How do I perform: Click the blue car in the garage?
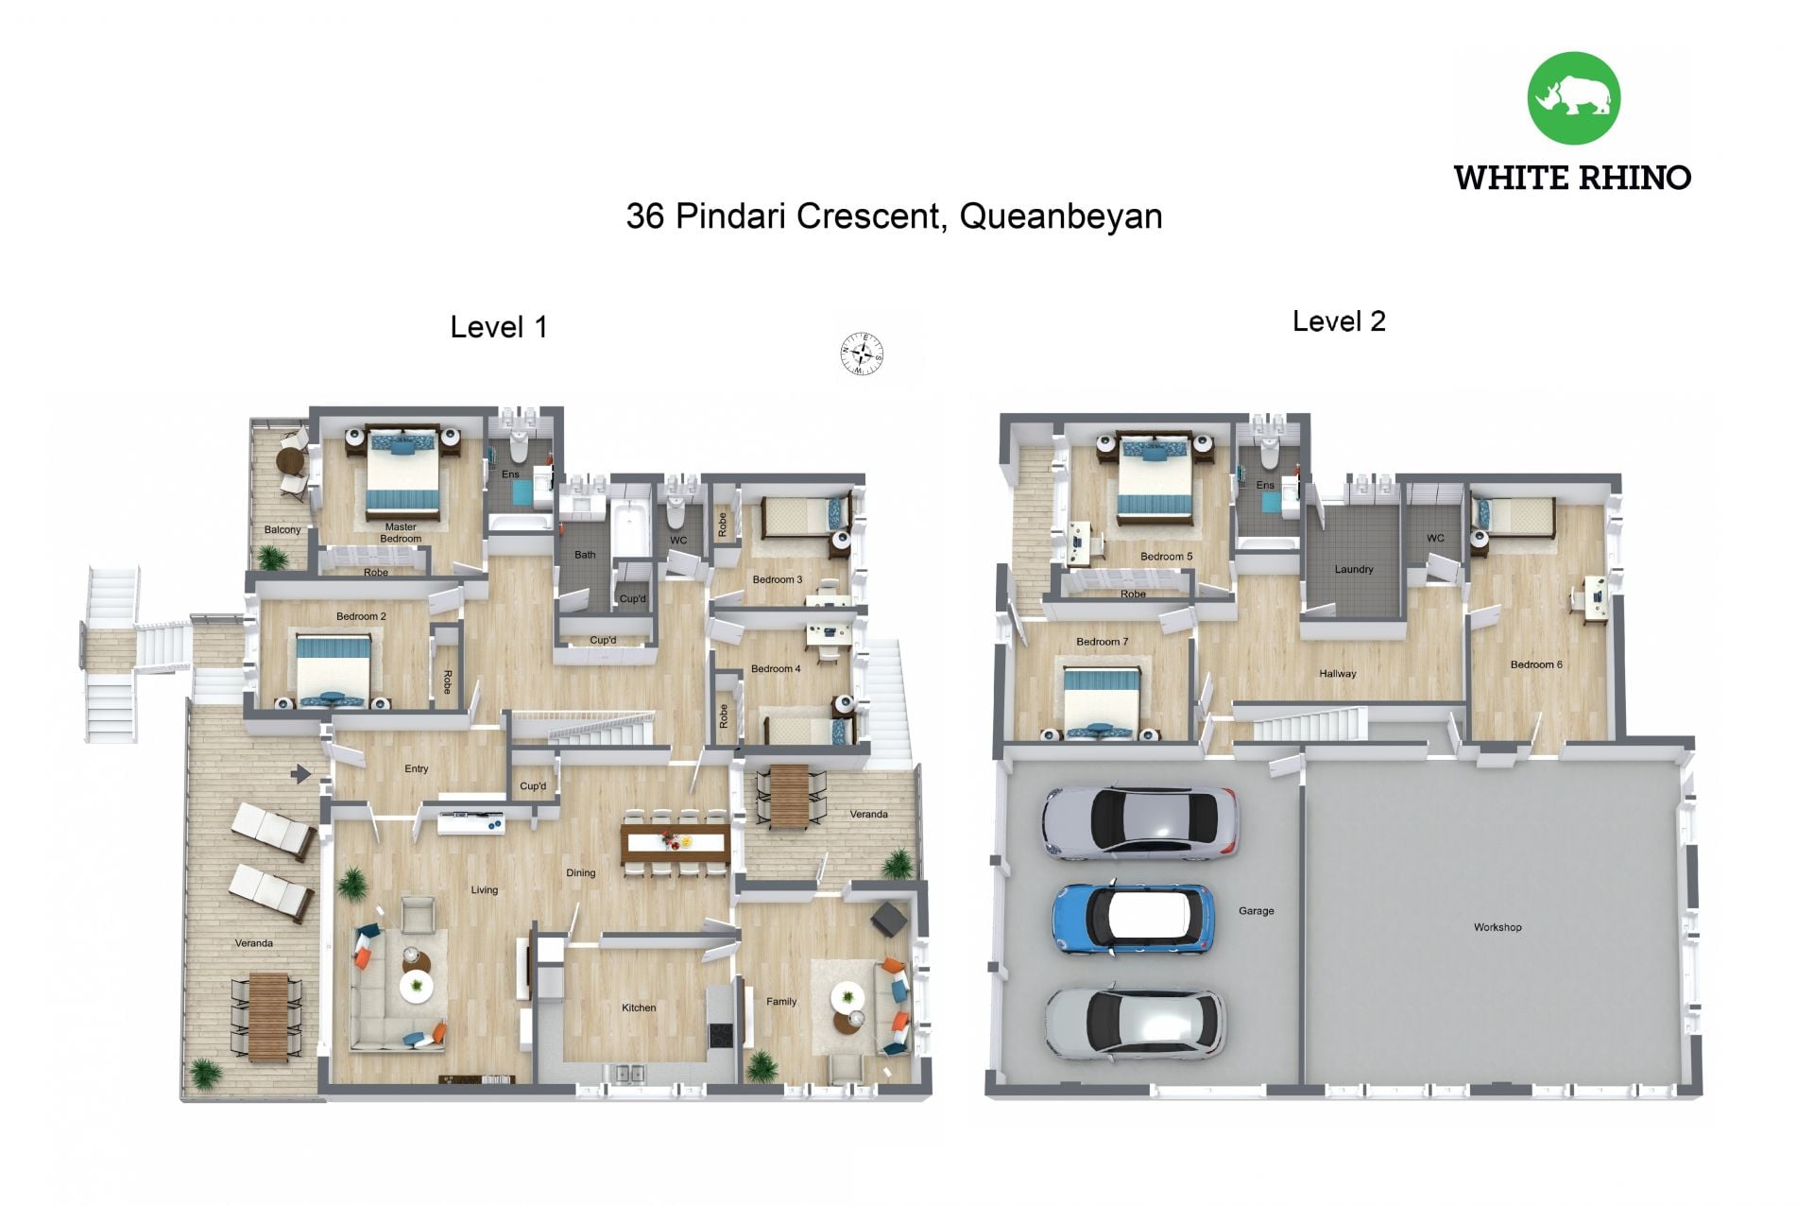tap(1134, 918)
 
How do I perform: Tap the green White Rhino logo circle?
tap(1573, 98)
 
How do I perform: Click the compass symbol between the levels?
tap(862, 354)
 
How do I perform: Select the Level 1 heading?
tap(499, 327)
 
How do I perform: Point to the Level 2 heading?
tap(1339, 321)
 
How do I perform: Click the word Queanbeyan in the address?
tap(1060, 216)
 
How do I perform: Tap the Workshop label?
tap(1497, 927)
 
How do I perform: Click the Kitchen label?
tap(639, 1008)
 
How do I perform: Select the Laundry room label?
tap(1354, 569)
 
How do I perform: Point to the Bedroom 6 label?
tap(1536, 664)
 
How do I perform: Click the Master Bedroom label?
tap(401, 533)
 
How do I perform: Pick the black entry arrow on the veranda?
tap(300, 774)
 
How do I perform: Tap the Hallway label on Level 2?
tap(1338, 674)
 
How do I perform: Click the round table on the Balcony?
tap(288, 462)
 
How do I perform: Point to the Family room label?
tap(781, 1002)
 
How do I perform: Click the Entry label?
tap(417, 768)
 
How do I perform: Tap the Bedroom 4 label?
tap(776, 668)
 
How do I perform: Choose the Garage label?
tap(1257, 911)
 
